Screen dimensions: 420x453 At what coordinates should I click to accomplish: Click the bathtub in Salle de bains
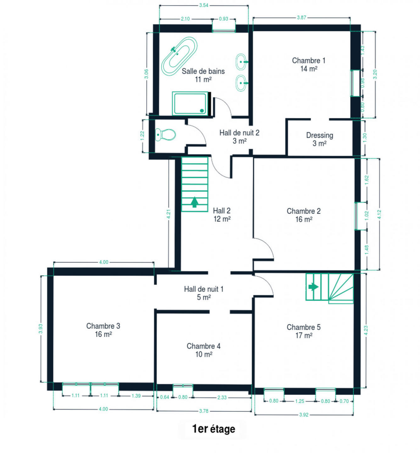tap(179, 56)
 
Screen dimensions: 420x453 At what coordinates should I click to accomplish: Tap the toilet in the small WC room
tap(165, 134)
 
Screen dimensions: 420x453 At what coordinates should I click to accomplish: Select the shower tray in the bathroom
tap(190, 103)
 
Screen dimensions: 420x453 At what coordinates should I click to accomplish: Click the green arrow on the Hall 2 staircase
tap(194, 202)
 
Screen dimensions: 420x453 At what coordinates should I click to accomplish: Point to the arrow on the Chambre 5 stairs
tap(313, 287)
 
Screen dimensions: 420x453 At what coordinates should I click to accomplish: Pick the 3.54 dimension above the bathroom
tap(204, 5)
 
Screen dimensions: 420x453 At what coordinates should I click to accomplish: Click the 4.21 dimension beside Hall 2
tap(169, 214)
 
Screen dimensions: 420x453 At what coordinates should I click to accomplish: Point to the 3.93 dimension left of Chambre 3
tap(41, 329)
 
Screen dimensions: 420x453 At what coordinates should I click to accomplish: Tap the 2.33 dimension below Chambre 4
tap(222, 398)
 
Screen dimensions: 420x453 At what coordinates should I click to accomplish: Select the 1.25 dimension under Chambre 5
tap(300, 401)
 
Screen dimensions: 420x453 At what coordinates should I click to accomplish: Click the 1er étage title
tap(214, 429)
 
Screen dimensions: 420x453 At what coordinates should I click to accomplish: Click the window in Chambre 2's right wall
tap(356, 216)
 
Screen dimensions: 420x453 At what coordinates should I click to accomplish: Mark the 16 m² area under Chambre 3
tap(103, 334)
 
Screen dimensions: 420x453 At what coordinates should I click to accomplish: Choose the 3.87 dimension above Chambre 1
tap(301, 18)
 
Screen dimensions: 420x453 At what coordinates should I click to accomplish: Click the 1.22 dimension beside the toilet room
tap(142, 136)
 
